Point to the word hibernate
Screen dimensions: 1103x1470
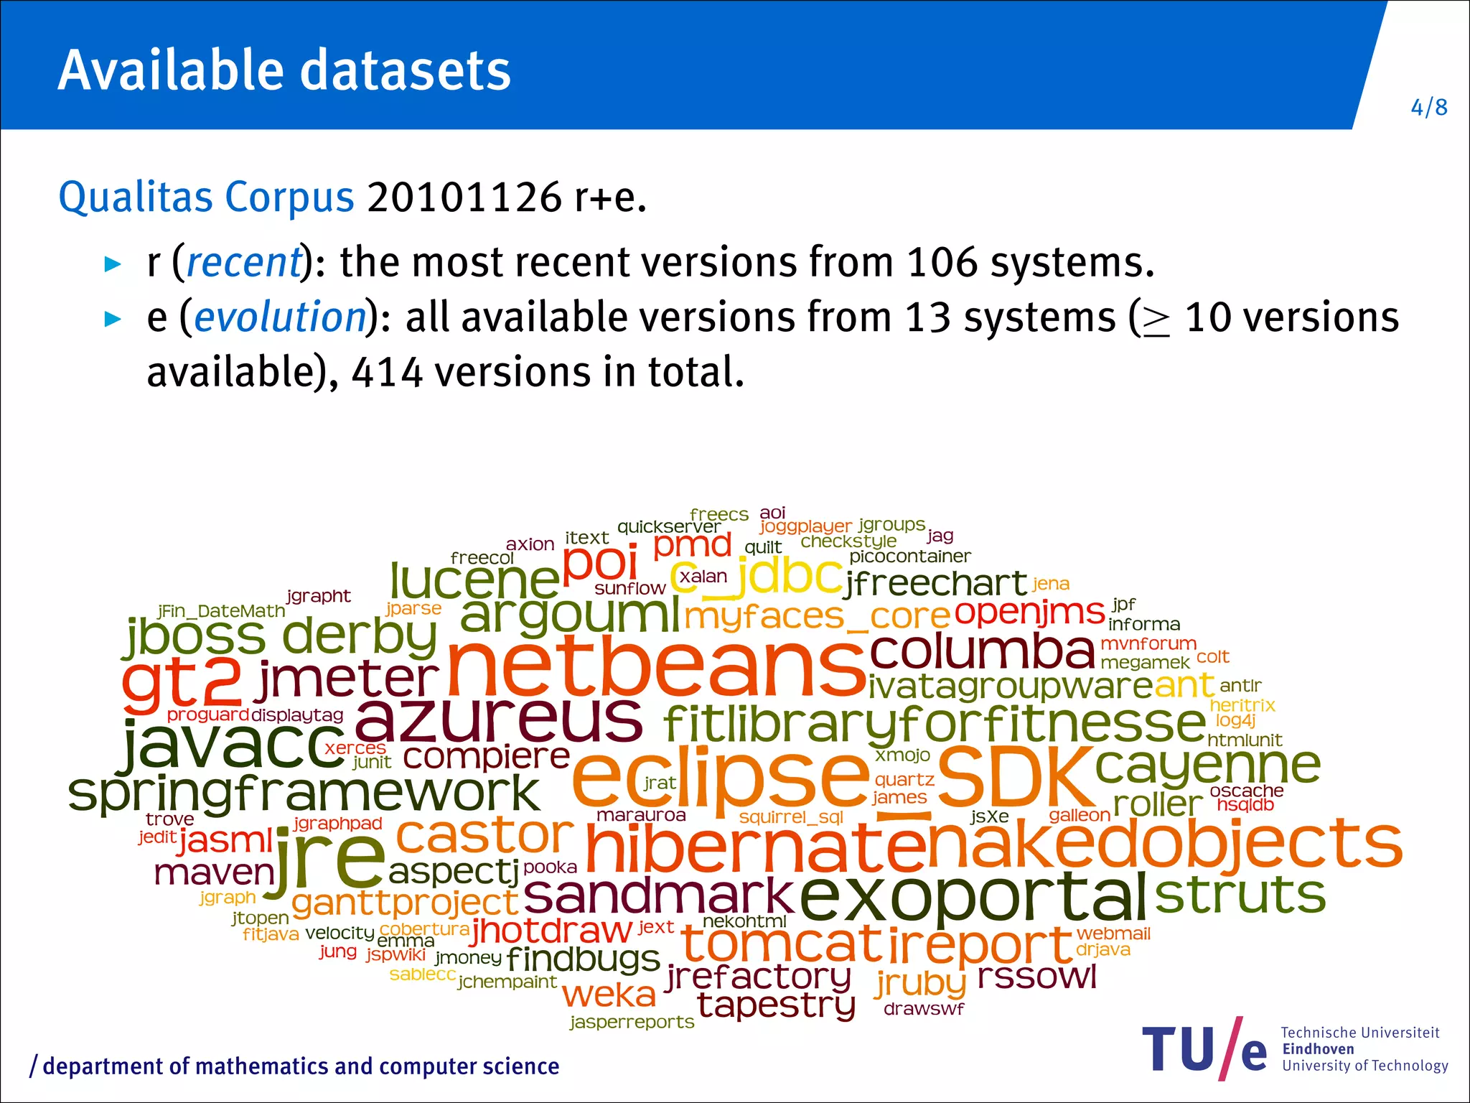pyautogui.click(x=757, y=847)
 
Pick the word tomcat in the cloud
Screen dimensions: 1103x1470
pyautogui.click(x=781, y=944)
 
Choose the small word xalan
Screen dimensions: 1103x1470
pyautogui.click(x=703, y=577)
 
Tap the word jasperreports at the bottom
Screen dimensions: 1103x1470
pyautogui.click(x=632, y=1022)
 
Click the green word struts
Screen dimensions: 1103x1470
pyautogui.click(x=1240, y=895)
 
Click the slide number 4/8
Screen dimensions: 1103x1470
pyautogui.click(x=1428, y=108)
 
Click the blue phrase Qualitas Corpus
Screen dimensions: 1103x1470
pyautogui.click(x=206, y=197)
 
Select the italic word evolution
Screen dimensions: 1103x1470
pyautogui.click(x=280, y=317)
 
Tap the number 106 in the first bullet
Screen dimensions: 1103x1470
pyautogui.click(x=942, y=261)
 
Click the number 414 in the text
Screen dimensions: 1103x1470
pyautogui.click(x=387, y=372)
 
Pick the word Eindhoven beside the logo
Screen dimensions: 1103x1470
pyautogui.click(x=1318, y=1048)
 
